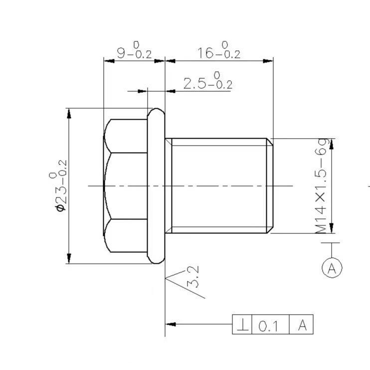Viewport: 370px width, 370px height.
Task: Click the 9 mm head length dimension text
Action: [x=134, y=52]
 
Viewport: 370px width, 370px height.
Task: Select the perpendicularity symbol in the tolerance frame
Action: [x=243, y=326]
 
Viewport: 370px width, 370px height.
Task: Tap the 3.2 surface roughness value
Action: [x=193, y=277]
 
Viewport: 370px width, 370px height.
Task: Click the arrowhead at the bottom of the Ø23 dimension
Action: [x=69, y=259]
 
